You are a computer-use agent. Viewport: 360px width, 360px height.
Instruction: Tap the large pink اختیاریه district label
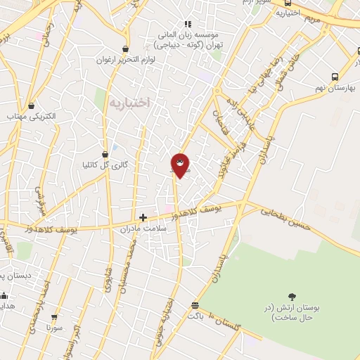(130, 103)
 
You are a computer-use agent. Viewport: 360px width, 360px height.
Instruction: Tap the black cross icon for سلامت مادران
(143, 218)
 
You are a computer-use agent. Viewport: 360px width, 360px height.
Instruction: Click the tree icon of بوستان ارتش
(292, 297)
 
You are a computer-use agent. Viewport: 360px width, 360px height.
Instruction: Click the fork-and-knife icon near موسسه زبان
(187, 23)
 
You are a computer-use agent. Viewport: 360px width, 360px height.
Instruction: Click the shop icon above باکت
(195, 305)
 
